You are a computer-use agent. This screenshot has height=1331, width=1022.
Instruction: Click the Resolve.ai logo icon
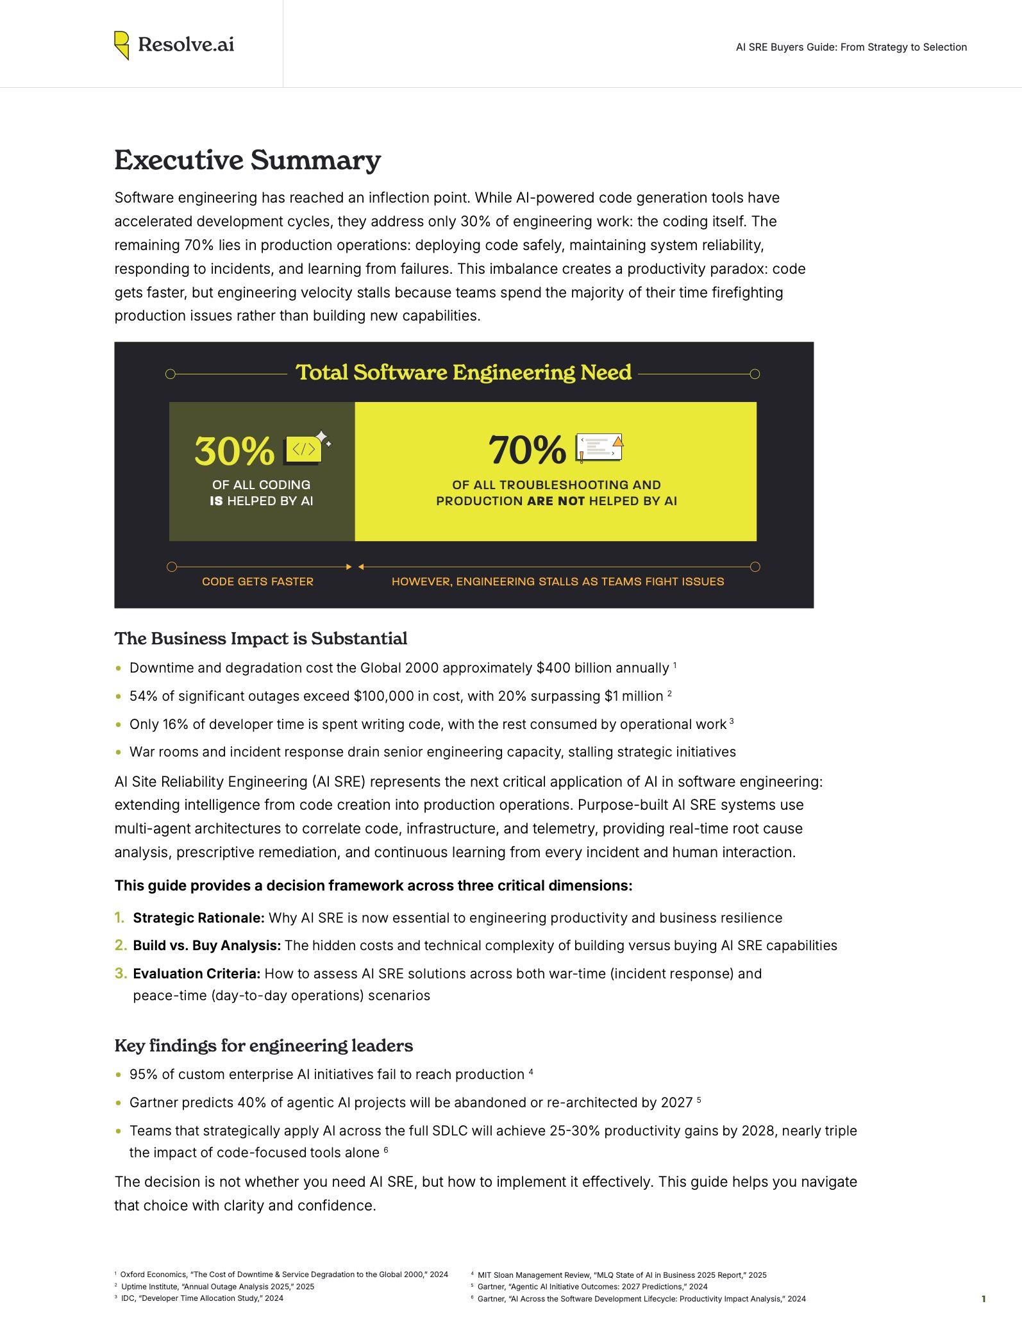(122, 46)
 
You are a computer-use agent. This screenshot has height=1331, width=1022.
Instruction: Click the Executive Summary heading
(247, 160)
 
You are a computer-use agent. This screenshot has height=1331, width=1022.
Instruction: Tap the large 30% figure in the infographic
(234, 451)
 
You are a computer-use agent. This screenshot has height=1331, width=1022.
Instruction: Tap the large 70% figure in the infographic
(527, 449)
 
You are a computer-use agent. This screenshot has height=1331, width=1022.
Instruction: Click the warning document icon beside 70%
(600, 448)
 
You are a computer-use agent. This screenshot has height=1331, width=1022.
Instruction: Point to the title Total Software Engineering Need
(463, 373)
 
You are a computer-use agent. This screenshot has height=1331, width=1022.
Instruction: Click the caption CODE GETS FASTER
(258, 582)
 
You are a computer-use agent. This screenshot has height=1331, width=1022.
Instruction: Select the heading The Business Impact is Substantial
(261, 639)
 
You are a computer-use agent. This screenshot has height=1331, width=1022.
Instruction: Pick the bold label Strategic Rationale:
(199, 918)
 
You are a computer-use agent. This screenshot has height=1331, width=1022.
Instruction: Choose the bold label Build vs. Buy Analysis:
(207, 946)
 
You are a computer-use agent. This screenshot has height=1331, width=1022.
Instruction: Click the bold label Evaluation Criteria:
(197, 974)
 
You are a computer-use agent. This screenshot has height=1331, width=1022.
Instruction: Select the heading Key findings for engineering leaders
(264, 1046)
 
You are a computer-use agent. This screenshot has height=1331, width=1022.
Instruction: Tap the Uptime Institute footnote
(217, 1286)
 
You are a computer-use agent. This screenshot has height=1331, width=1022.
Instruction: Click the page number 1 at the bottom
(984, 1299)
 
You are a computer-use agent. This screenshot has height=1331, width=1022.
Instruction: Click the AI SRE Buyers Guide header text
(851, 47)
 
